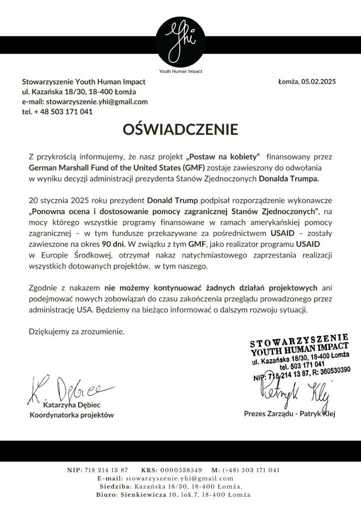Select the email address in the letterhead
point(85,102)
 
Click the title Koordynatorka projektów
point(72,415)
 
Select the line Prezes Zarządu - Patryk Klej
point(290,414)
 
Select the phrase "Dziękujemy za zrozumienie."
point(76,331)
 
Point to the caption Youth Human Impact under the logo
point(180,71)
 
